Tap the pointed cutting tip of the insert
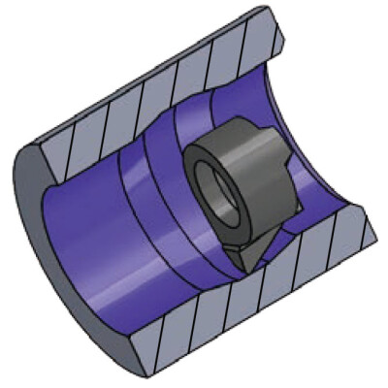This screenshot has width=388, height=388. pyautogui.click(x=243, y=266)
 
